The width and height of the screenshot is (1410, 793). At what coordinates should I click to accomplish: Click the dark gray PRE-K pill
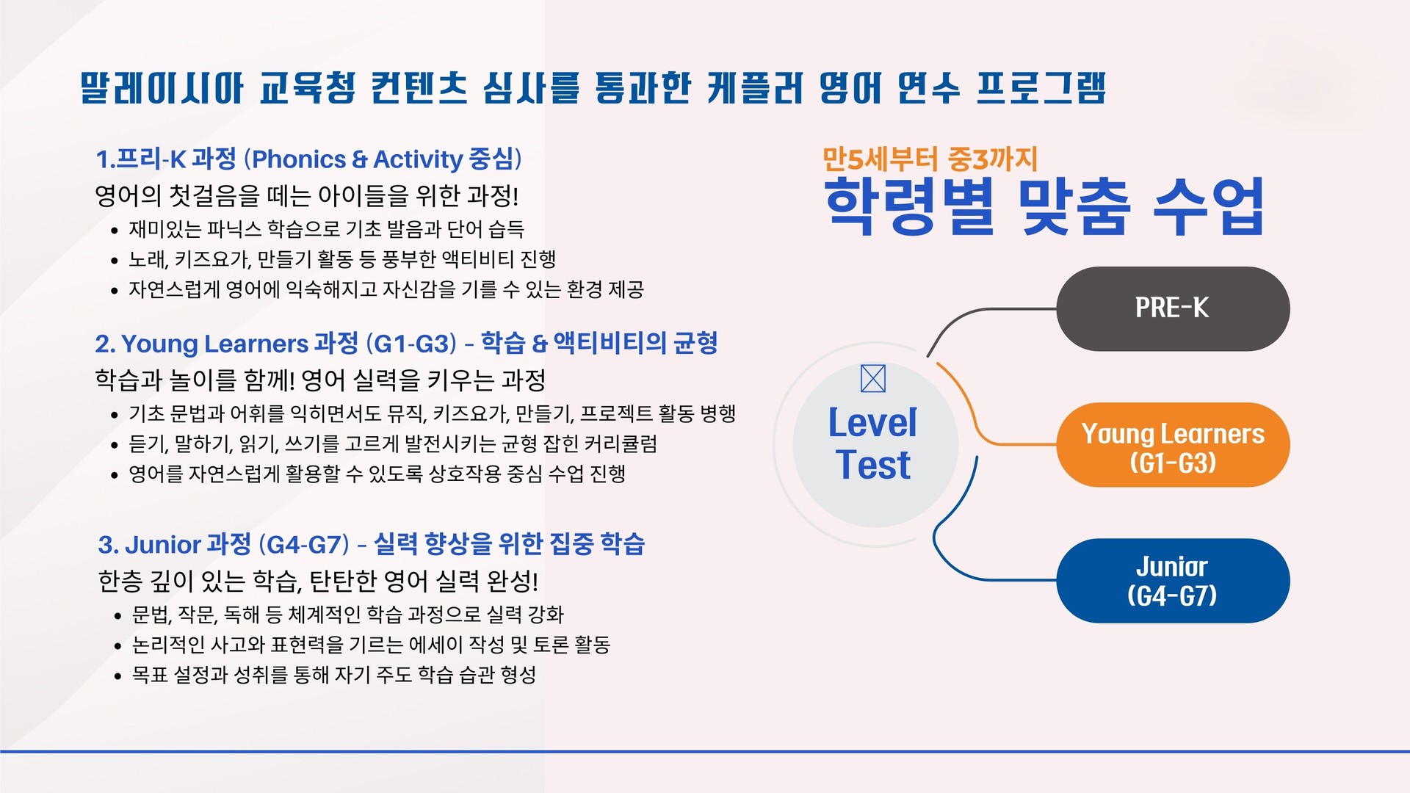[x=1173, y=308]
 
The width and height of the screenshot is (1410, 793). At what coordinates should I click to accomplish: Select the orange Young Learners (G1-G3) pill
[x=1173, y=445]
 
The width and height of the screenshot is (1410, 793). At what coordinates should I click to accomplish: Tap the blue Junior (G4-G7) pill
[x=1173, y=581]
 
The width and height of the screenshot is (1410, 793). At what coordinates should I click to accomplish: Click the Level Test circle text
[x=873, y=443]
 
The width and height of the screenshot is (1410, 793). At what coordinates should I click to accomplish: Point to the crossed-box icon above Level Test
[x=872, y=378]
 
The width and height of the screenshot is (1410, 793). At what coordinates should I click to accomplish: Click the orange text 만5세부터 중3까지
[x=930, y=159]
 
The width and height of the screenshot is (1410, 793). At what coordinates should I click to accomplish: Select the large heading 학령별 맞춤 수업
[x=1044, y=206]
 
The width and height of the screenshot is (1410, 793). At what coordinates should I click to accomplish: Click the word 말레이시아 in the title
[x=162, y=87]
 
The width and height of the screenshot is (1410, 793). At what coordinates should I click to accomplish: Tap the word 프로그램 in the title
[x=1041, y=87]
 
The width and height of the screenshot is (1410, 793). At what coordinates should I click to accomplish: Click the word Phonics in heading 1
[x=299, y=159]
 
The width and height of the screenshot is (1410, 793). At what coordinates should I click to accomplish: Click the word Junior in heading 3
[x=163, y=545]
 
